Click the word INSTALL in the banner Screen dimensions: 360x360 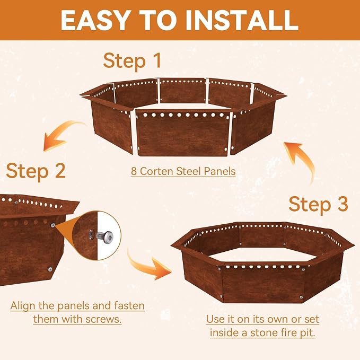tap(242, 20)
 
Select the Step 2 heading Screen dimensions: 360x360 tap(36, 171)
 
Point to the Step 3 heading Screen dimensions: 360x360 tap(318, 205)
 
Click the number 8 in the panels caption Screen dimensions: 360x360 tap(134, 171)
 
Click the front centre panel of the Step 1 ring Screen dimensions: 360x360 tap(183, 133)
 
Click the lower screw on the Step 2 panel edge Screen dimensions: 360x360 tap(50, 269)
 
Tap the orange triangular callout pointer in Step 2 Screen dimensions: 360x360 tap(65, 230)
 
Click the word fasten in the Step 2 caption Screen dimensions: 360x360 tap(129, 306)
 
